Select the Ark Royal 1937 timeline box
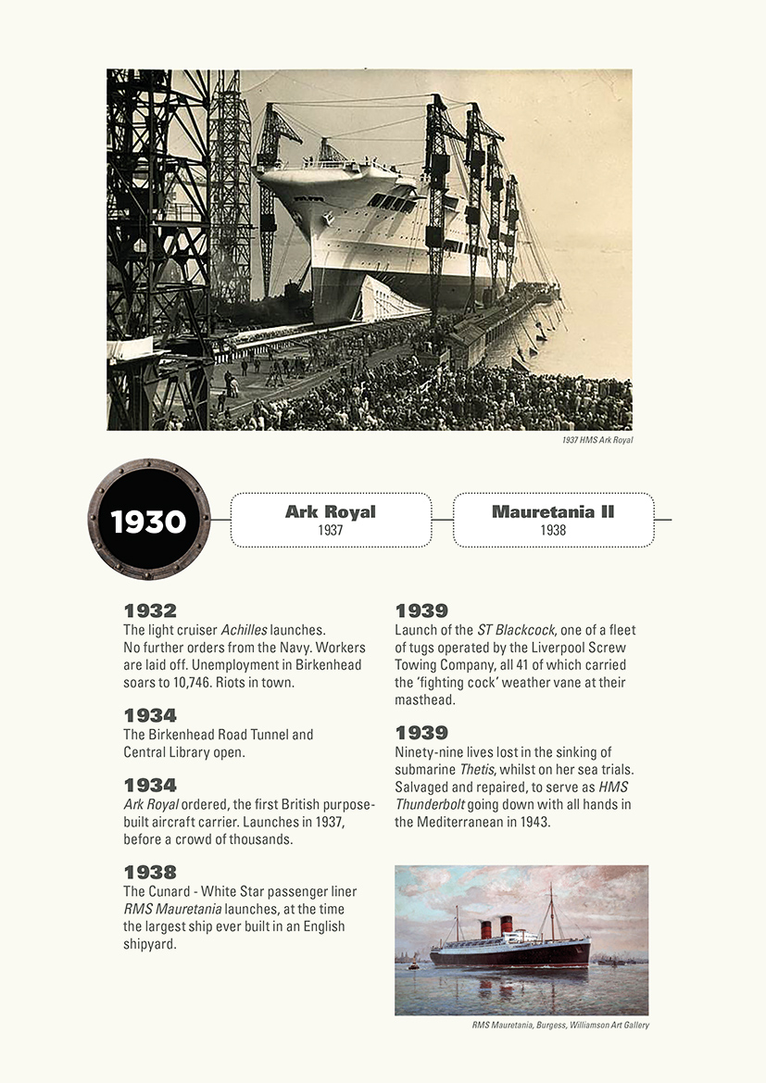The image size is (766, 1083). point(331,520)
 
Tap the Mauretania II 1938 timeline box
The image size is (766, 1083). point(553,520)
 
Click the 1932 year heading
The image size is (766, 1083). point(150,611)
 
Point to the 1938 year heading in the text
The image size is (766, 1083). point(150,873)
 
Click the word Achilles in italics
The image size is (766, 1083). point(244,630)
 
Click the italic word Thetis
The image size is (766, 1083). point(480,769)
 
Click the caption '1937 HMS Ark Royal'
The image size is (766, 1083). point(596,440)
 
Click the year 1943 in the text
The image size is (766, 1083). point(533,822)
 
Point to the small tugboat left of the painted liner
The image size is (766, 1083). point(413,965)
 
